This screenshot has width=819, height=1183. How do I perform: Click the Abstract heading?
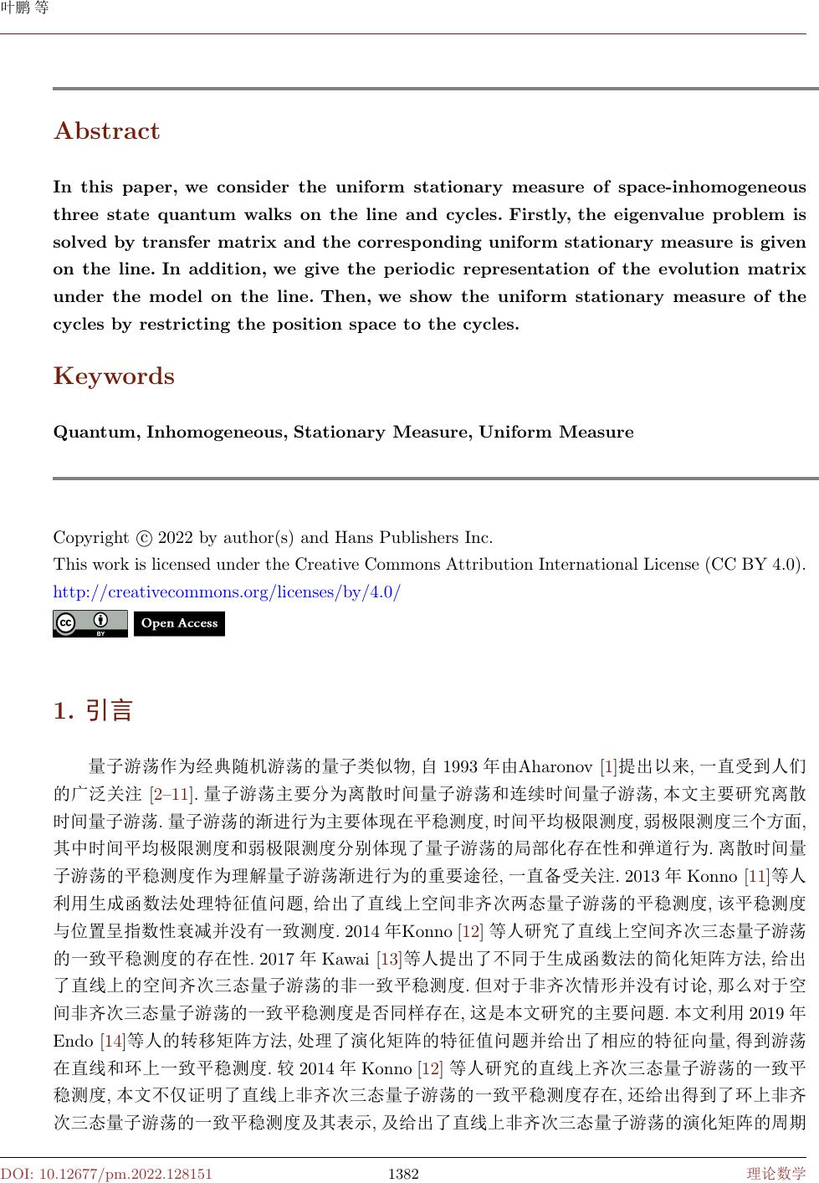(106, 131)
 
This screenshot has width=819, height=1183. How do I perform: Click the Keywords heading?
(114, 376)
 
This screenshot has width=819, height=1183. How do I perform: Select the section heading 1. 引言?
(93, 711)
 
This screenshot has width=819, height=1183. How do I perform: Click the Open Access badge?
(179, 623)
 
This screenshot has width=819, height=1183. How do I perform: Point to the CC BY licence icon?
(90, 624)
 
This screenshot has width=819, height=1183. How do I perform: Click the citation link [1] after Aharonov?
(609, 766)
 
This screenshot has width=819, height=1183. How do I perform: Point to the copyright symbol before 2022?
(144, 538)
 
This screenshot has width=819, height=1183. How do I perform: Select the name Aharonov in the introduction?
(556, 766)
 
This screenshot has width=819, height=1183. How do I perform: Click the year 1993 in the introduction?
(460, 766)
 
